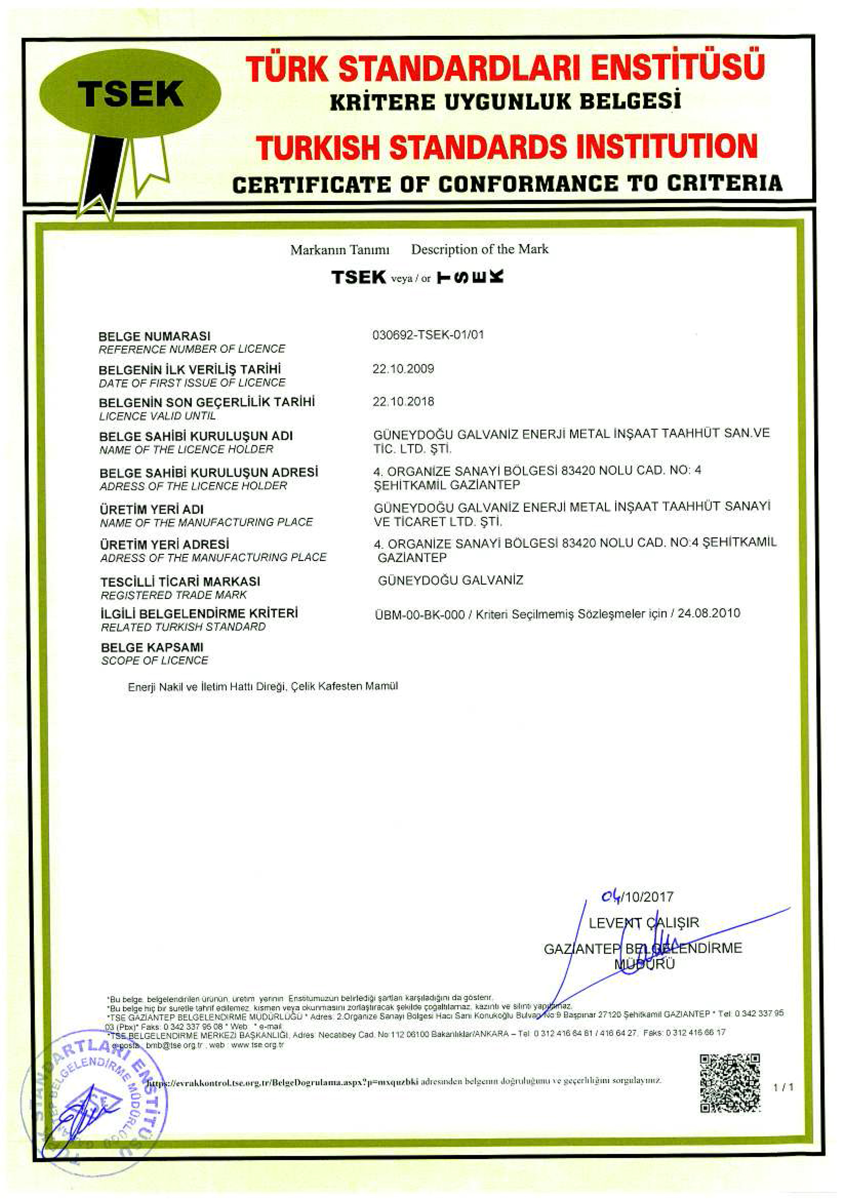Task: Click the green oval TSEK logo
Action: [130, 93]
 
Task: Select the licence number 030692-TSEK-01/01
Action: [428, 334]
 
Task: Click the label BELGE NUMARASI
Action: [155, 336]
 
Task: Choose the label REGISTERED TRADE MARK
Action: [174, 595]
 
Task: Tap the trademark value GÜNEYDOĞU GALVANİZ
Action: [450, 580]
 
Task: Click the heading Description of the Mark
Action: [479, 249]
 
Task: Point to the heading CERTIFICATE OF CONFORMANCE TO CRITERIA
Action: [507, 183]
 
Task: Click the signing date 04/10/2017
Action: [637, 897]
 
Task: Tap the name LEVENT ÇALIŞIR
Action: [643, 923]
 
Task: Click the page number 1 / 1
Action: [783, 1087]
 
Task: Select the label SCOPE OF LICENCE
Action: [155, 661]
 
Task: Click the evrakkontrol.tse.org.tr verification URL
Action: [281, 1081]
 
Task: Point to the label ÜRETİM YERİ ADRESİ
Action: [164, 545]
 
